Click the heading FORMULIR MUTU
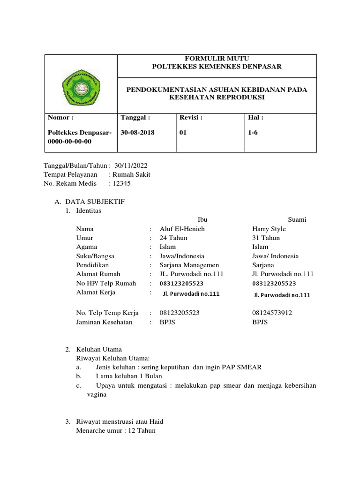[x=217, y=58]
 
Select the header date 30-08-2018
[x=137, y=133]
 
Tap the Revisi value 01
[x=183, y=133]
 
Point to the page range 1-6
[x=253, y=133]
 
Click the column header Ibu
[x=202, y=219]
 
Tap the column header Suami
[x=297, y=219]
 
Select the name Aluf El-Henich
[x=182, y=229]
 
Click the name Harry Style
[x=269, y=229]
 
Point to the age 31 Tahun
[x=266, y=238]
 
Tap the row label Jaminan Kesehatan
[x=104, y=322]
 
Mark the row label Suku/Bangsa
[x=95, y=256]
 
